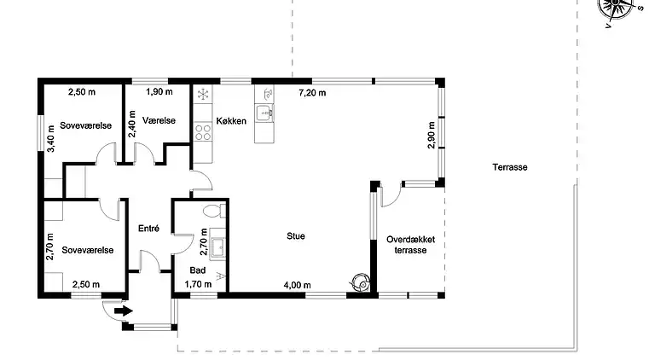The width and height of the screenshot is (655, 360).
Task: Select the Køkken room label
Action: [231, 121]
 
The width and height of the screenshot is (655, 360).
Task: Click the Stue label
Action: [296, 236]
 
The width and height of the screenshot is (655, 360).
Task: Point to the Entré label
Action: [149, 228]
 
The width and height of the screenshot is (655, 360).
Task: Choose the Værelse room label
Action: [159, 120]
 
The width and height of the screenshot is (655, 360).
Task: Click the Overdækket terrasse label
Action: [410, 246]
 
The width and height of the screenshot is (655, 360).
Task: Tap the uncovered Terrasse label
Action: [509, 167]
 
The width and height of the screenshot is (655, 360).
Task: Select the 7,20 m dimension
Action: [311, 92]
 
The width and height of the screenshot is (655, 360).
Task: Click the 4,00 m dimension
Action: [297, 285]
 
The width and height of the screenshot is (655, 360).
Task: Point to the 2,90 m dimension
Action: [432, 136]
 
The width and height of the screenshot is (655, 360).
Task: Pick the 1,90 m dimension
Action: [159, 92]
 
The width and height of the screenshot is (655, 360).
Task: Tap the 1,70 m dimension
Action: [198, 285]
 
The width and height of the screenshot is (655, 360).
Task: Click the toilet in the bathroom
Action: [212, 211]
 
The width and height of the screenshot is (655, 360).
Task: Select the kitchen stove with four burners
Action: [203, 131]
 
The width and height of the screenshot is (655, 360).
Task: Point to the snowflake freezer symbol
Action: [203, 95]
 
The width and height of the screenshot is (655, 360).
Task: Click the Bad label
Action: [197, 270]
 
